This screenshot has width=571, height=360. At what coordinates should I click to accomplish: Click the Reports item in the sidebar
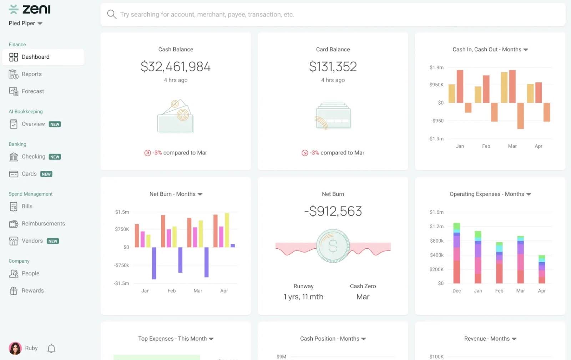coord(31,74)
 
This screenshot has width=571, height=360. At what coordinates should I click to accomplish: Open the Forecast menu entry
coord(32,91)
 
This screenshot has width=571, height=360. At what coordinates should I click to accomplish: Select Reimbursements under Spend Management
coord(43,224)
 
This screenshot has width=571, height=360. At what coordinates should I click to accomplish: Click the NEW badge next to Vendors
coord(53,241)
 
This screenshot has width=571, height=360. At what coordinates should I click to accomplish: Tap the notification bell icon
coord(51,348)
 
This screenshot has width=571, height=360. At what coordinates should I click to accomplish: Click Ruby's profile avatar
coord(15,348)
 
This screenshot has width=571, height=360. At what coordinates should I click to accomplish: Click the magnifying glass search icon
coord(112,14)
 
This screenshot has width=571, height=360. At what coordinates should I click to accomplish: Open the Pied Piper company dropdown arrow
coord(40,24)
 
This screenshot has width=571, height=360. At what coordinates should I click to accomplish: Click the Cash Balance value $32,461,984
coord(176,67)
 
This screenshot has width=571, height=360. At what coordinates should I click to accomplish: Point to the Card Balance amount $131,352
coord(333,67)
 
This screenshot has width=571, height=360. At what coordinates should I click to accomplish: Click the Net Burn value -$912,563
coord(333,211)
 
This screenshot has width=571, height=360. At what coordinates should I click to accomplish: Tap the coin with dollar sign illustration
coord(333,246)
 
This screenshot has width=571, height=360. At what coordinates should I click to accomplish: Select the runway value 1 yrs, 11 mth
coord(303,297)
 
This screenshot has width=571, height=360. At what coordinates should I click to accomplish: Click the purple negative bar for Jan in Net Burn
coord(154,263)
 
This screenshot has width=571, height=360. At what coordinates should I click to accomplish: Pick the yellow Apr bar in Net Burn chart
coord(227,230)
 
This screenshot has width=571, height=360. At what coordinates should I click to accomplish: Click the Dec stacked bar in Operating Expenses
coord(456,253)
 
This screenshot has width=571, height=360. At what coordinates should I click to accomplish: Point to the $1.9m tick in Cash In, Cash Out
coord(436,67)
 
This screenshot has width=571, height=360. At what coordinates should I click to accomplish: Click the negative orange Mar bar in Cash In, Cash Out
coord(520,116)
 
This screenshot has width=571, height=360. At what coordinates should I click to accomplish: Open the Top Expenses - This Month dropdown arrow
coord(211,339)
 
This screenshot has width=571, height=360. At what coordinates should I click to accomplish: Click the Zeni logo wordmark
coord(36,9)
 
